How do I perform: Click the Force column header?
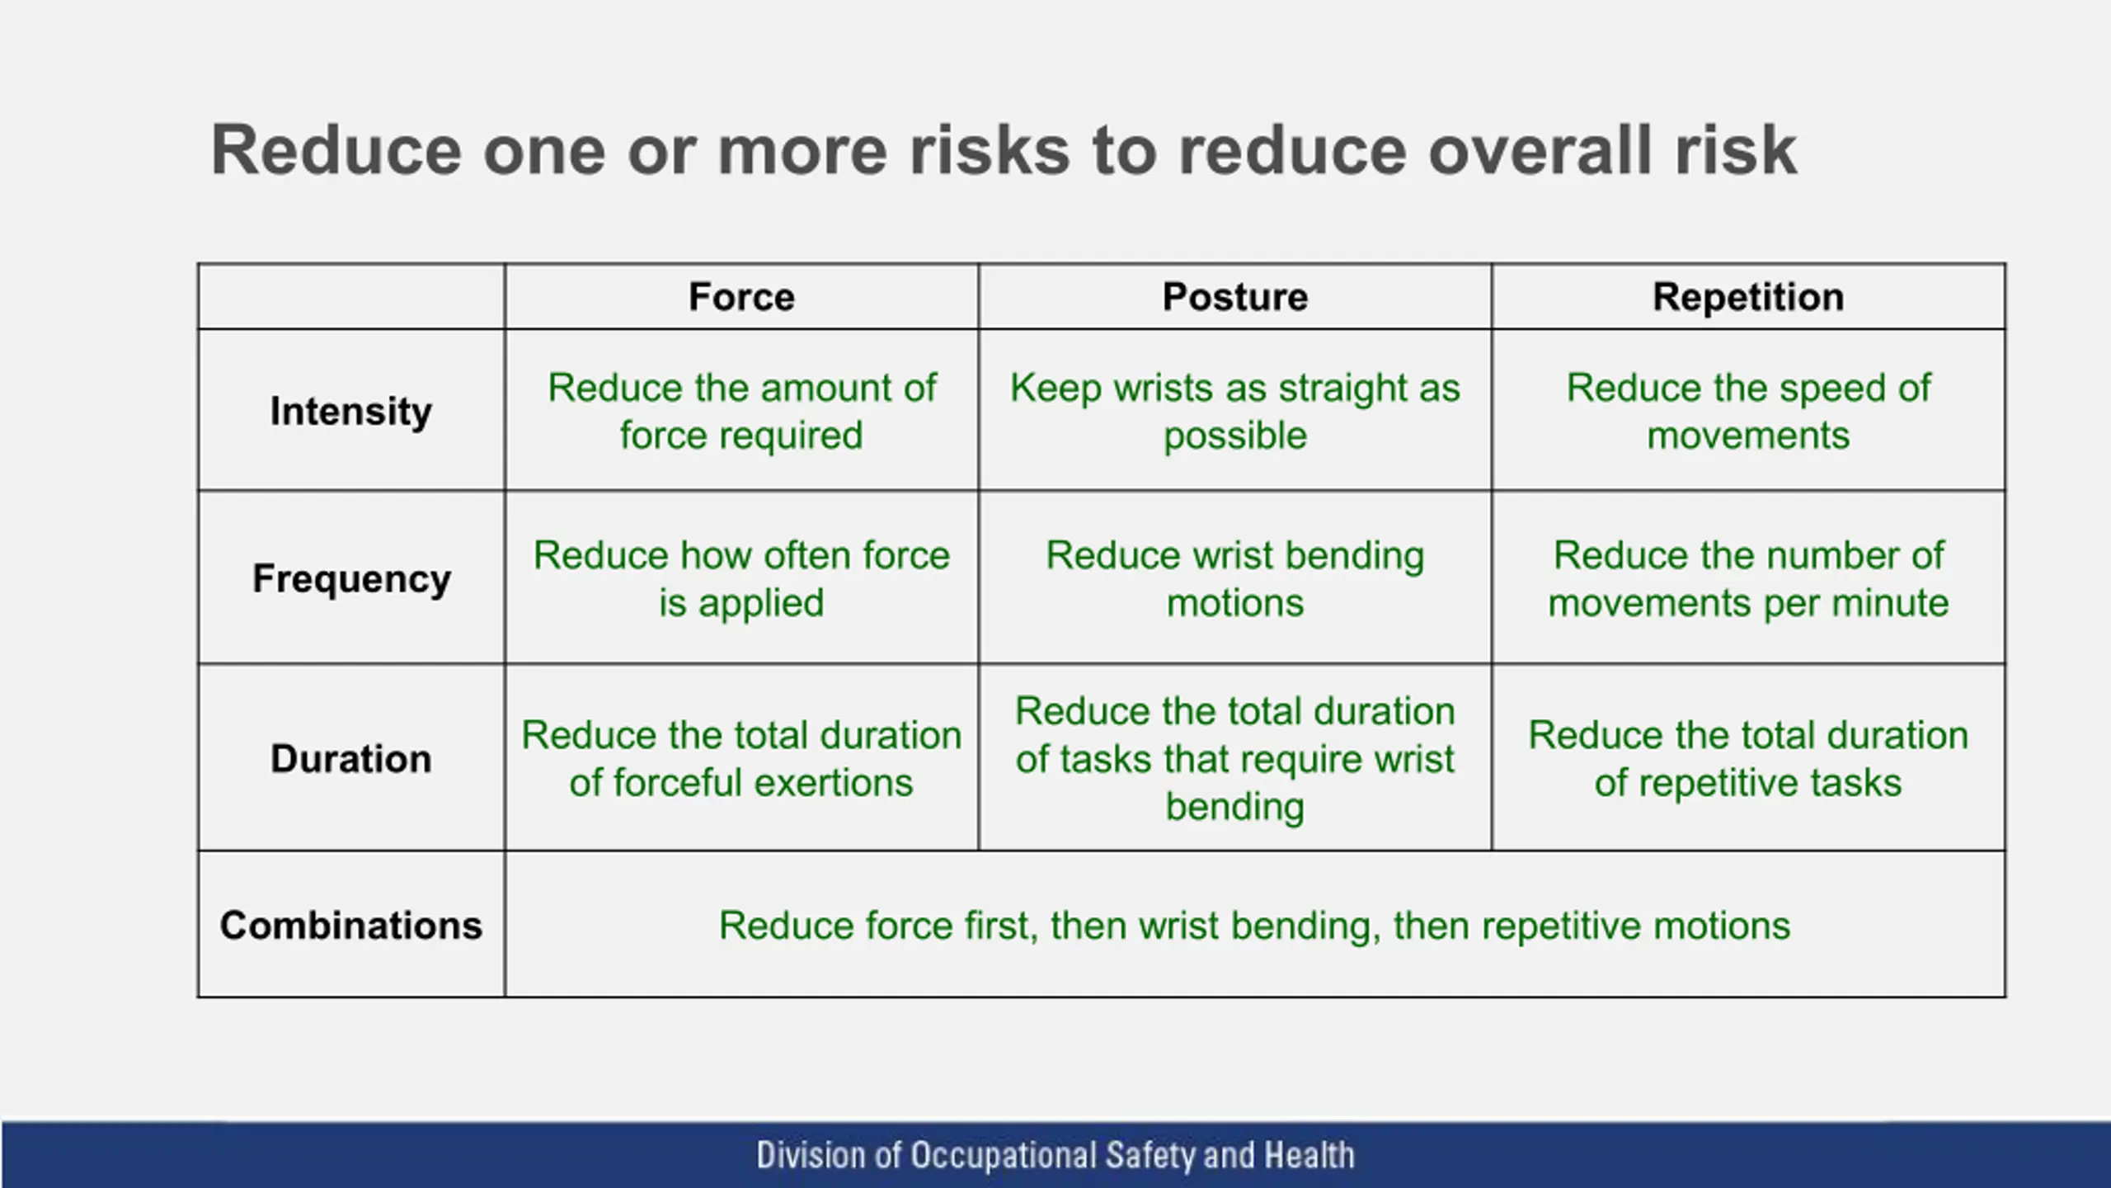tap(741, 297)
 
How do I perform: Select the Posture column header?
tap(1234, 297)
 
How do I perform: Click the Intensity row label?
tap(351, 411)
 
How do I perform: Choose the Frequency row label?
tap(351, 578)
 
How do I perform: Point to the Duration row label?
tap(351, 758)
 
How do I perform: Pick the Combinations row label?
tap(351, 925)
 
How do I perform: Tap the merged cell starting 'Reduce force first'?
tap(1254, 925)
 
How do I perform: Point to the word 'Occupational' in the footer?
tap(1003, 1155)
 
